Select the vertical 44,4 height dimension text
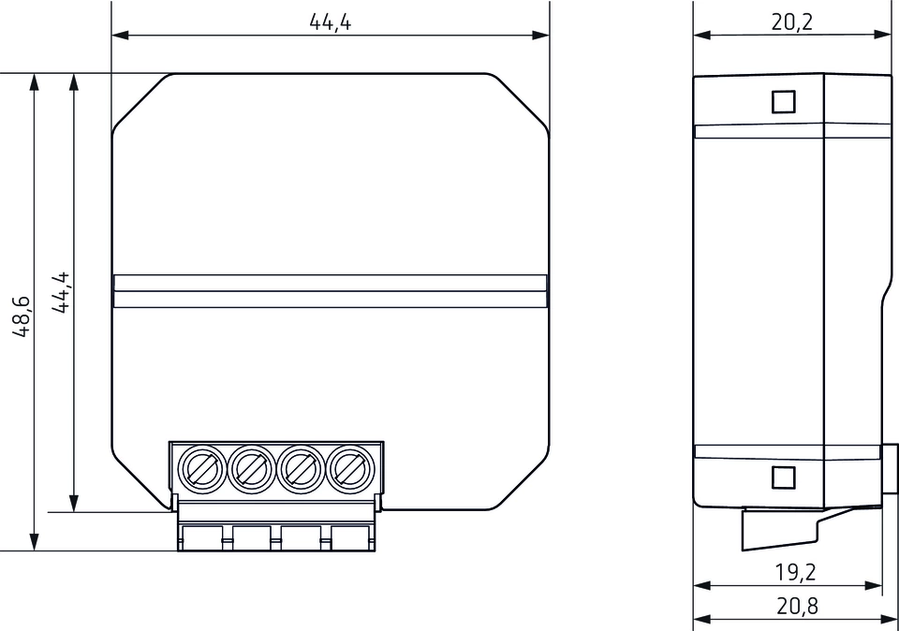62,292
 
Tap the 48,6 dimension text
22,315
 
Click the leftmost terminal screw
200,465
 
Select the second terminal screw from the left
250,465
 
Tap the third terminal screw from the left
300,465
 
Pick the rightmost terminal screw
348,465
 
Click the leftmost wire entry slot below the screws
200,537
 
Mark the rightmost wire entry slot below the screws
349,537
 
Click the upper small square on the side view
783,101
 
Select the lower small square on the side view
783,477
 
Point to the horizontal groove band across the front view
330,291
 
